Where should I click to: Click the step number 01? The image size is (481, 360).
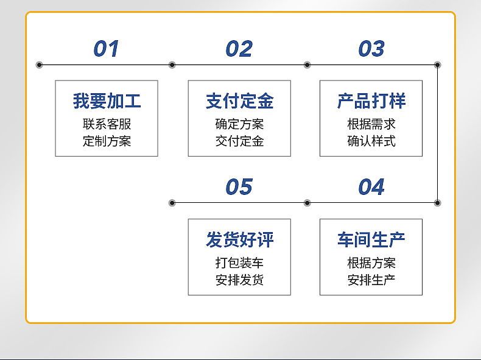click(106, 49)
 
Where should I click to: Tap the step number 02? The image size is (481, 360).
click(239, 49)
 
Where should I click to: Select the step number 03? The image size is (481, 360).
click(371, 49)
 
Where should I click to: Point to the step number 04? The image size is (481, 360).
click(371, 187)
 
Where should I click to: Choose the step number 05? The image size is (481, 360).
click(239, 187)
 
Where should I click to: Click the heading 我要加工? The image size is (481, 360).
click(107, 101)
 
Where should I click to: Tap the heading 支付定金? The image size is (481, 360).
click(239, 101)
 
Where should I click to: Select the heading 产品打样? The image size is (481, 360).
click(371, 101)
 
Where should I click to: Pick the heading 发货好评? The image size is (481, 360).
click(239, 239)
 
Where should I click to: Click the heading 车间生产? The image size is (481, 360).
click(371, 239)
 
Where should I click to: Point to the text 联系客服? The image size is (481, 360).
click(107, 124)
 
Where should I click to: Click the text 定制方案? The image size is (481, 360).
click(107, 141)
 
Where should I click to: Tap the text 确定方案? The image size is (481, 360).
click(239, 124)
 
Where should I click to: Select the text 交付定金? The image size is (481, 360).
click(239, 141)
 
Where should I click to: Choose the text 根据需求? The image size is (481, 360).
click(371, 124)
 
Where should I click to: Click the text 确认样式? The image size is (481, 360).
click(371, 141)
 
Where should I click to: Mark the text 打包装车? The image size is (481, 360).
click(239, 263)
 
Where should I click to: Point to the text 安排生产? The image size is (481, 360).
click(371, 280)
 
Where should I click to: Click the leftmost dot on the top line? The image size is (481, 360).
click(40, 65)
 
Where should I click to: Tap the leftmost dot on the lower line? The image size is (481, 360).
click(172, 203)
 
